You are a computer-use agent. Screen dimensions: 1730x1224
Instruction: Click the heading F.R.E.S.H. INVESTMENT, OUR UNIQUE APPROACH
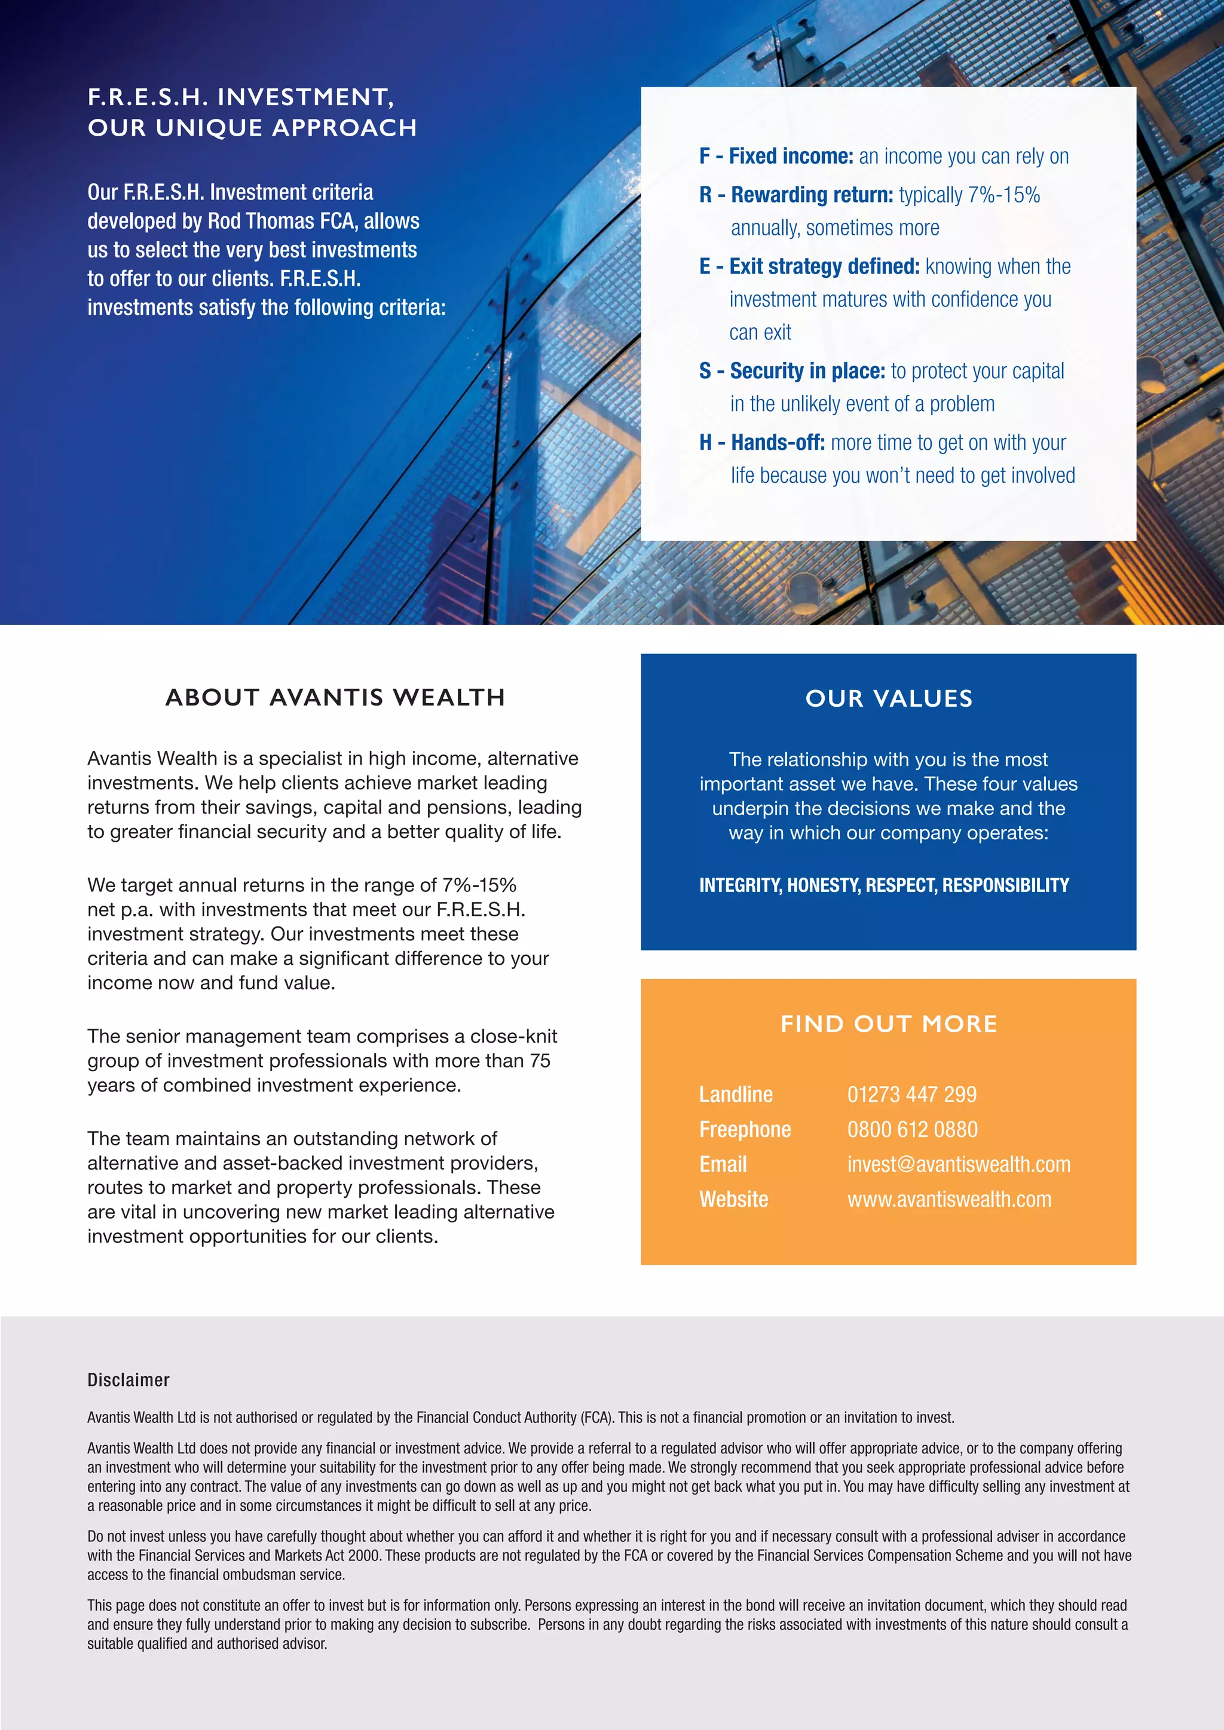click(x=252, y=112)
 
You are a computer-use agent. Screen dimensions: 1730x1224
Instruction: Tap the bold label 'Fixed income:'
click(x=791, y=157)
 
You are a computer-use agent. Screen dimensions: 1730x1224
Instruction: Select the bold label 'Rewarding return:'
click(x=812, y=195)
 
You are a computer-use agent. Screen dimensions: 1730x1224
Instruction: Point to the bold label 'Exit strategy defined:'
click(x=824, y=267)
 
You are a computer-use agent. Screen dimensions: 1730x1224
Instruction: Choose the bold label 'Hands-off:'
click(x=778, y=443)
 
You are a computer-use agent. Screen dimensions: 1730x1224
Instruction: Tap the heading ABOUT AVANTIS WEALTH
click(x=335, y=698)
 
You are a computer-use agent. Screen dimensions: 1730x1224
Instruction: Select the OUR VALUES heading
click(x=889, y=698)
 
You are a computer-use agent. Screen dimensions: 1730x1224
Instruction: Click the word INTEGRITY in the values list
click(x=739, y=885)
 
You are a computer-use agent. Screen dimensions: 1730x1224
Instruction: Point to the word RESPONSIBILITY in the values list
click(x=1005, y=885)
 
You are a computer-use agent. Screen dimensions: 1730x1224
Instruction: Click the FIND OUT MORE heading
click(x=889, y=1024)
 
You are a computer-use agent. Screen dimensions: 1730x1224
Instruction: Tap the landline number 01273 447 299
click(x=911, y=1095)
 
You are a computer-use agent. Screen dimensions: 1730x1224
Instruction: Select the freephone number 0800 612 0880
click(x=912, y=1130)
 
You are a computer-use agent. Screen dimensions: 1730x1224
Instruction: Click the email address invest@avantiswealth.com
click(x=958, y=1165)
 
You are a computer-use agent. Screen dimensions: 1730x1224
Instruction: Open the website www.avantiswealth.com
click(x=949, y=1200)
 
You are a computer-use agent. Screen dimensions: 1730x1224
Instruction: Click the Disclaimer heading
click(x=128, y=1381)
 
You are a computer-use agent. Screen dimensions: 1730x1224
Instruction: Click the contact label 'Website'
click(x=733, y=1200)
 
